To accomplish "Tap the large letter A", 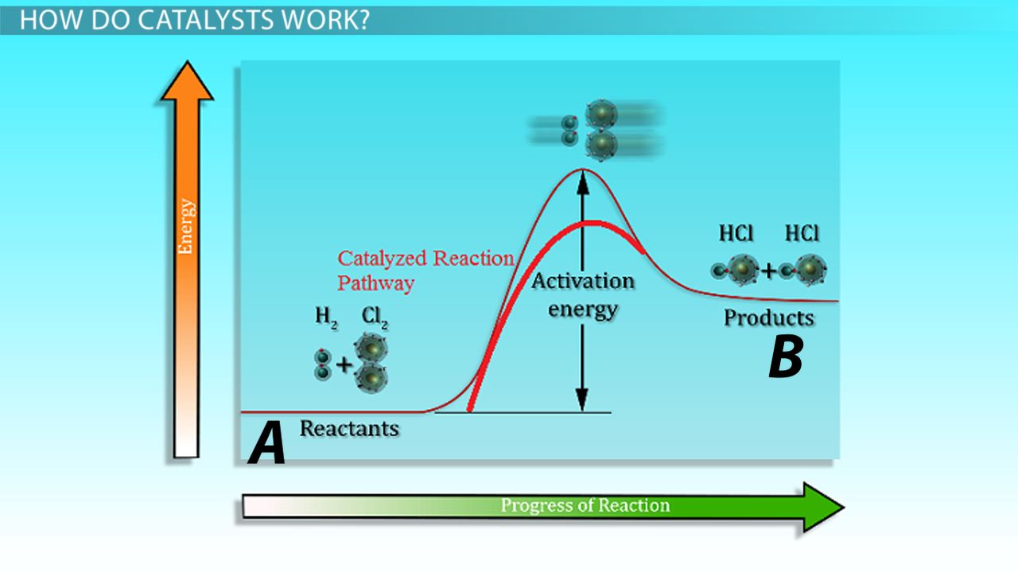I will tap(266, 445).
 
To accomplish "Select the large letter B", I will tap(785, 357).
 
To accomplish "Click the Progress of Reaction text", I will tap(585, 505).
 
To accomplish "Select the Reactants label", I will tap(348, 428).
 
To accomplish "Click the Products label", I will tap(768, 318).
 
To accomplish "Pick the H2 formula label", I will tap(326, 316).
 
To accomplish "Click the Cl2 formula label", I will tap(373, 316).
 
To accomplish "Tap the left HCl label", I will tap(736, 233).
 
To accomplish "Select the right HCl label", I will tap(801, 233).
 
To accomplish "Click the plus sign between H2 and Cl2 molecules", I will tap(344, 365).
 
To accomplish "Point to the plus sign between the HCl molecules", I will tap(769, 271).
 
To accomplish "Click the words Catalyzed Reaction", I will tap(425, 259).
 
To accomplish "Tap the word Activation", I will tap(583, 281).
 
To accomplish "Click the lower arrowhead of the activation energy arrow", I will tap(582, 401).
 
